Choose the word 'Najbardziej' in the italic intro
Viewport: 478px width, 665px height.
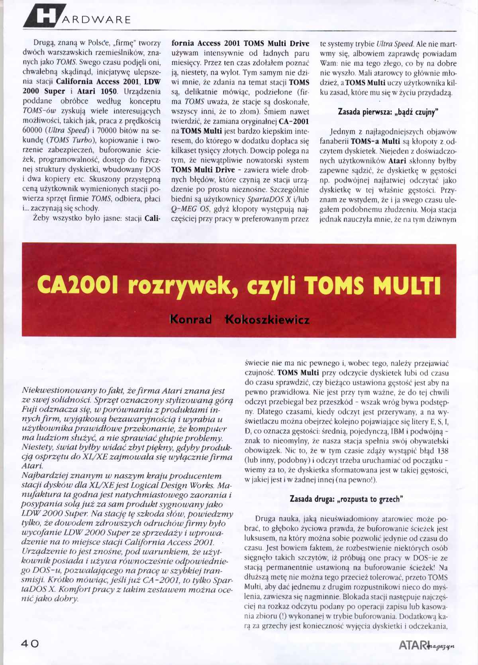click(x=44, y=476)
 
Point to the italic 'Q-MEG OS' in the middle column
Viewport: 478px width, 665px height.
click(x=188, y=208)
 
